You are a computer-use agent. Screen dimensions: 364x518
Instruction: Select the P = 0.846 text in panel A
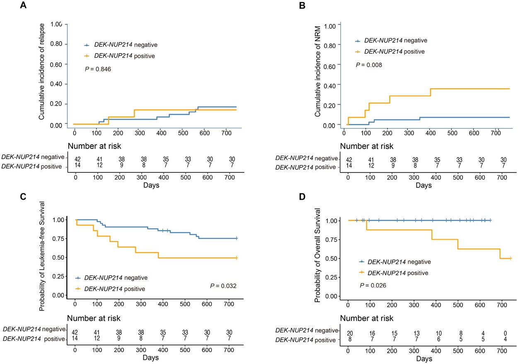click(98, 69)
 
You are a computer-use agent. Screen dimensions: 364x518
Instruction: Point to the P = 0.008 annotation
click(369, 65)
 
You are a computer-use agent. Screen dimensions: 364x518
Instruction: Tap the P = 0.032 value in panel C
click(225, 286)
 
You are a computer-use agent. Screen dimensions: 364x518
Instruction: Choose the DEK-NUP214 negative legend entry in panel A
click(120, 44)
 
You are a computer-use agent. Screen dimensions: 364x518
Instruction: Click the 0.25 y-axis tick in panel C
click(58, 276)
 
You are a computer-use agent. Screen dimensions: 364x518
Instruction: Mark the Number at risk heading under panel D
click(367, 318)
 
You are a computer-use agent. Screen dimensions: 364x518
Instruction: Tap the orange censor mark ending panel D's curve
click(510, 258)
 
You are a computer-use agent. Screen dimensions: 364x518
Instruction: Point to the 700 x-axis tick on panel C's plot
click(294, 303)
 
